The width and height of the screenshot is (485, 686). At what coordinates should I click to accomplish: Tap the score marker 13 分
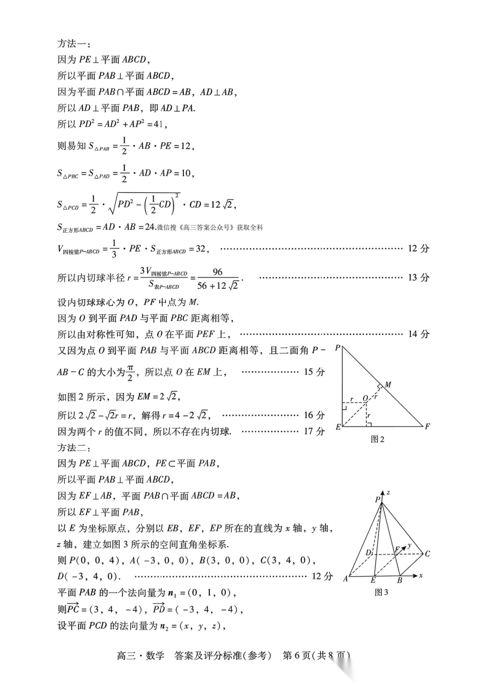pyautogui.click(x=419, y=278)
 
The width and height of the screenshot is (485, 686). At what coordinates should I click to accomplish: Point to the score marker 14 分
pyautogui.click(x=419, y=334)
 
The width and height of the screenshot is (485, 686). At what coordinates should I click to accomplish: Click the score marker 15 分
pyautogui.click(x=314, y=372)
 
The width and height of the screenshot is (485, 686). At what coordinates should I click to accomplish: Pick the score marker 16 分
pyautogui.click(x=314, y=415)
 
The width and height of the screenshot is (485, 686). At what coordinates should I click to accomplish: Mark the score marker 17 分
pyautogui.click(x=314, y=431)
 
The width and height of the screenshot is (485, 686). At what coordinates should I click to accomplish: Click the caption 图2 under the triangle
pyautogui.click(x=377, y=439)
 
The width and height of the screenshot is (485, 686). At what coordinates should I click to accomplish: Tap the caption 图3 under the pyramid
pyautogui.click(x=381, y=593)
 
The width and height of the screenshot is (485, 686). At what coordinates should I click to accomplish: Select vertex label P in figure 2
pyautogui.click(x=337, y=348)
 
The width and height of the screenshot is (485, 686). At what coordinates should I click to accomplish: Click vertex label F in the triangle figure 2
pyautogui.click(x=427, y=426)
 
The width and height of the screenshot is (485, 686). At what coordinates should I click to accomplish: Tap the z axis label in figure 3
pyautogui.click(x=388, y=492)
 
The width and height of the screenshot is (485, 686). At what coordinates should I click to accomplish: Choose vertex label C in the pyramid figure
pyautogui.click(x=427, y=554)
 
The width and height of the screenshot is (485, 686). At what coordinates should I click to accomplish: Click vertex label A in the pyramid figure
pyautogui.click(x=345, y=579)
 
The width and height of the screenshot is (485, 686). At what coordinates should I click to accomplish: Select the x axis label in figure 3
pyautogui.click(x=420, y=575)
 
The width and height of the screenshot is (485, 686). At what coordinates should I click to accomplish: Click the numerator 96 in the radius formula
pyautogui.click(x=218, y=272)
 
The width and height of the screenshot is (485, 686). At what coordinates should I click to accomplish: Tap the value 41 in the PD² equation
pyautogui.click(x=158, y=124)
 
